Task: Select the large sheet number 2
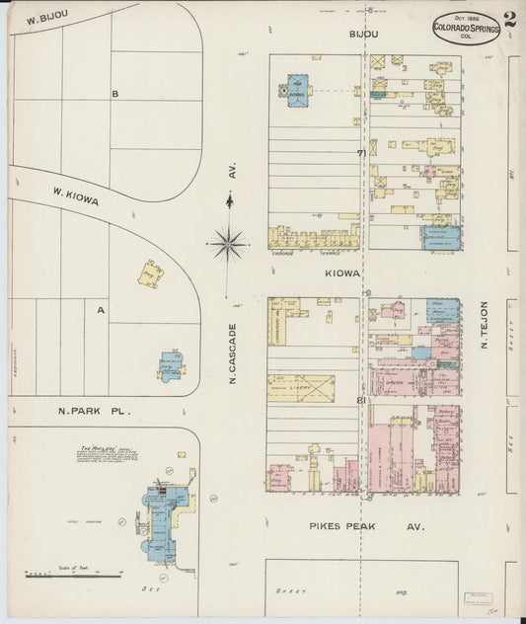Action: pos(509,19)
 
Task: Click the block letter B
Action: pos(114,94)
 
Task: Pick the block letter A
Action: pos(101,309)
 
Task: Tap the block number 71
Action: pos(362,152)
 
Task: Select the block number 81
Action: pos(362,400)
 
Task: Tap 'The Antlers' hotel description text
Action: pos(106,455)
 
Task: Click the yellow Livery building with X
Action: pos(301,388)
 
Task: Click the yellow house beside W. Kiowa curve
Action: pos(151,273)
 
